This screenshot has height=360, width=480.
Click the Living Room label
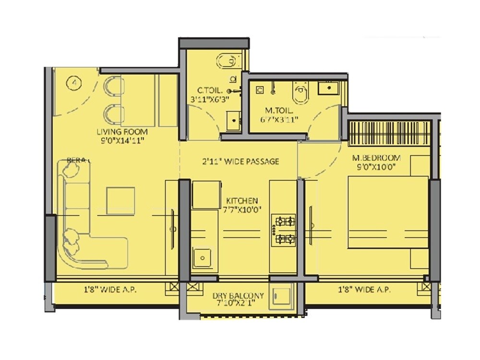click(122, 132)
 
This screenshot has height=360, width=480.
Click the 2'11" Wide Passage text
click(240, 161)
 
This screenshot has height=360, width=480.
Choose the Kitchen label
click(242, 200)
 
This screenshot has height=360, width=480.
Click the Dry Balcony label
click(238, 296)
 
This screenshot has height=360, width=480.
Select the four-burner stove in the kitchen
click(284, 229)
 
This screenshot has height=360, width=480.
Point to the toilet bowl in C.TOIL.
click(228, 60)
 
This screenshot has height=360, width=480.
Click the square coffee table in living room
click(120, 200)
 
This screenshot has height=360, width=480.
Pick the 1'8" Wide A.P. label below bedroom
click(364, 289)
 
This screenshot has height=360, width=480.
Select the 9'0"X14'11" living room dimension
click(122, 140)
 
